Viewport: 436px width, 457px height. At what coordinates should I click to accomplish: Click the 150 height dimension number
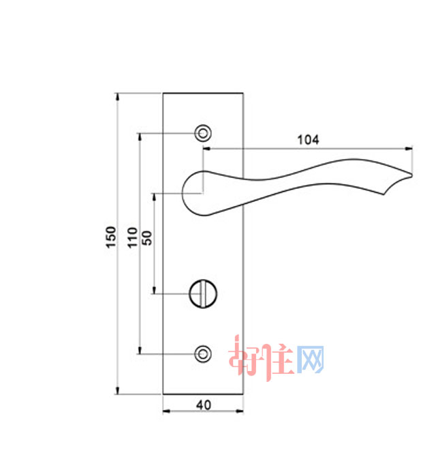click(111, 237)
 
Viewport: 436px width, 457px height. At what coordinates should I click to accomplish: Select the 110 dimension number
click(132, 237)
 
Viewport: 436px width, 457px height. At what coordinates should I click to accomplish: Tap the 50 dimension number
click(146, 237)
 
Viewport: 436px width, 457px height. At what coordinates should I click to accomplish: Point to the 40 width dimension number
click(203, 404)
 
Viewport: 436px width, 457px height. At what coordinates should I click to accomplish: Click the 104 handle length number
click(308, 140)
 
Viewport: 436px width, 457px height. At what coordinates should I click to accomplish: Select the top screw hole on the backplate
click(202, 132)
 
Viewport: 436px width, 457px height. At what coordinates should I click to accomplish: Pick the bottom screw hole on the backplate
click(202, 353)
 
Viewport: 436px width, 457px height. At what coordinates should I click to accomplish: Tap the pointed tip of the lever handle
click(411, 178)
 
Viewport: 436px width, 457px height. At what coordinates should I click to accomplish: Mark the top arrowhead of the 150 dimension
click(117, 96)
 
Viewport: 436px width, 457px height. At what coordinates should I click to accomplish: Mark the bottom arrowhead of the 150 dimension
click(117, 390)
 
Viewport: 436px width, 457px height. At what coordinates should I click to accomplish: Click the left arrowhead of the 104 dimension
click(207, 148)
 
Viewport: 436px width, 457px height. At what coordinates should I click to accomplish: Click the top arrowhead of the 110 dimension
click(140, 136)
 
